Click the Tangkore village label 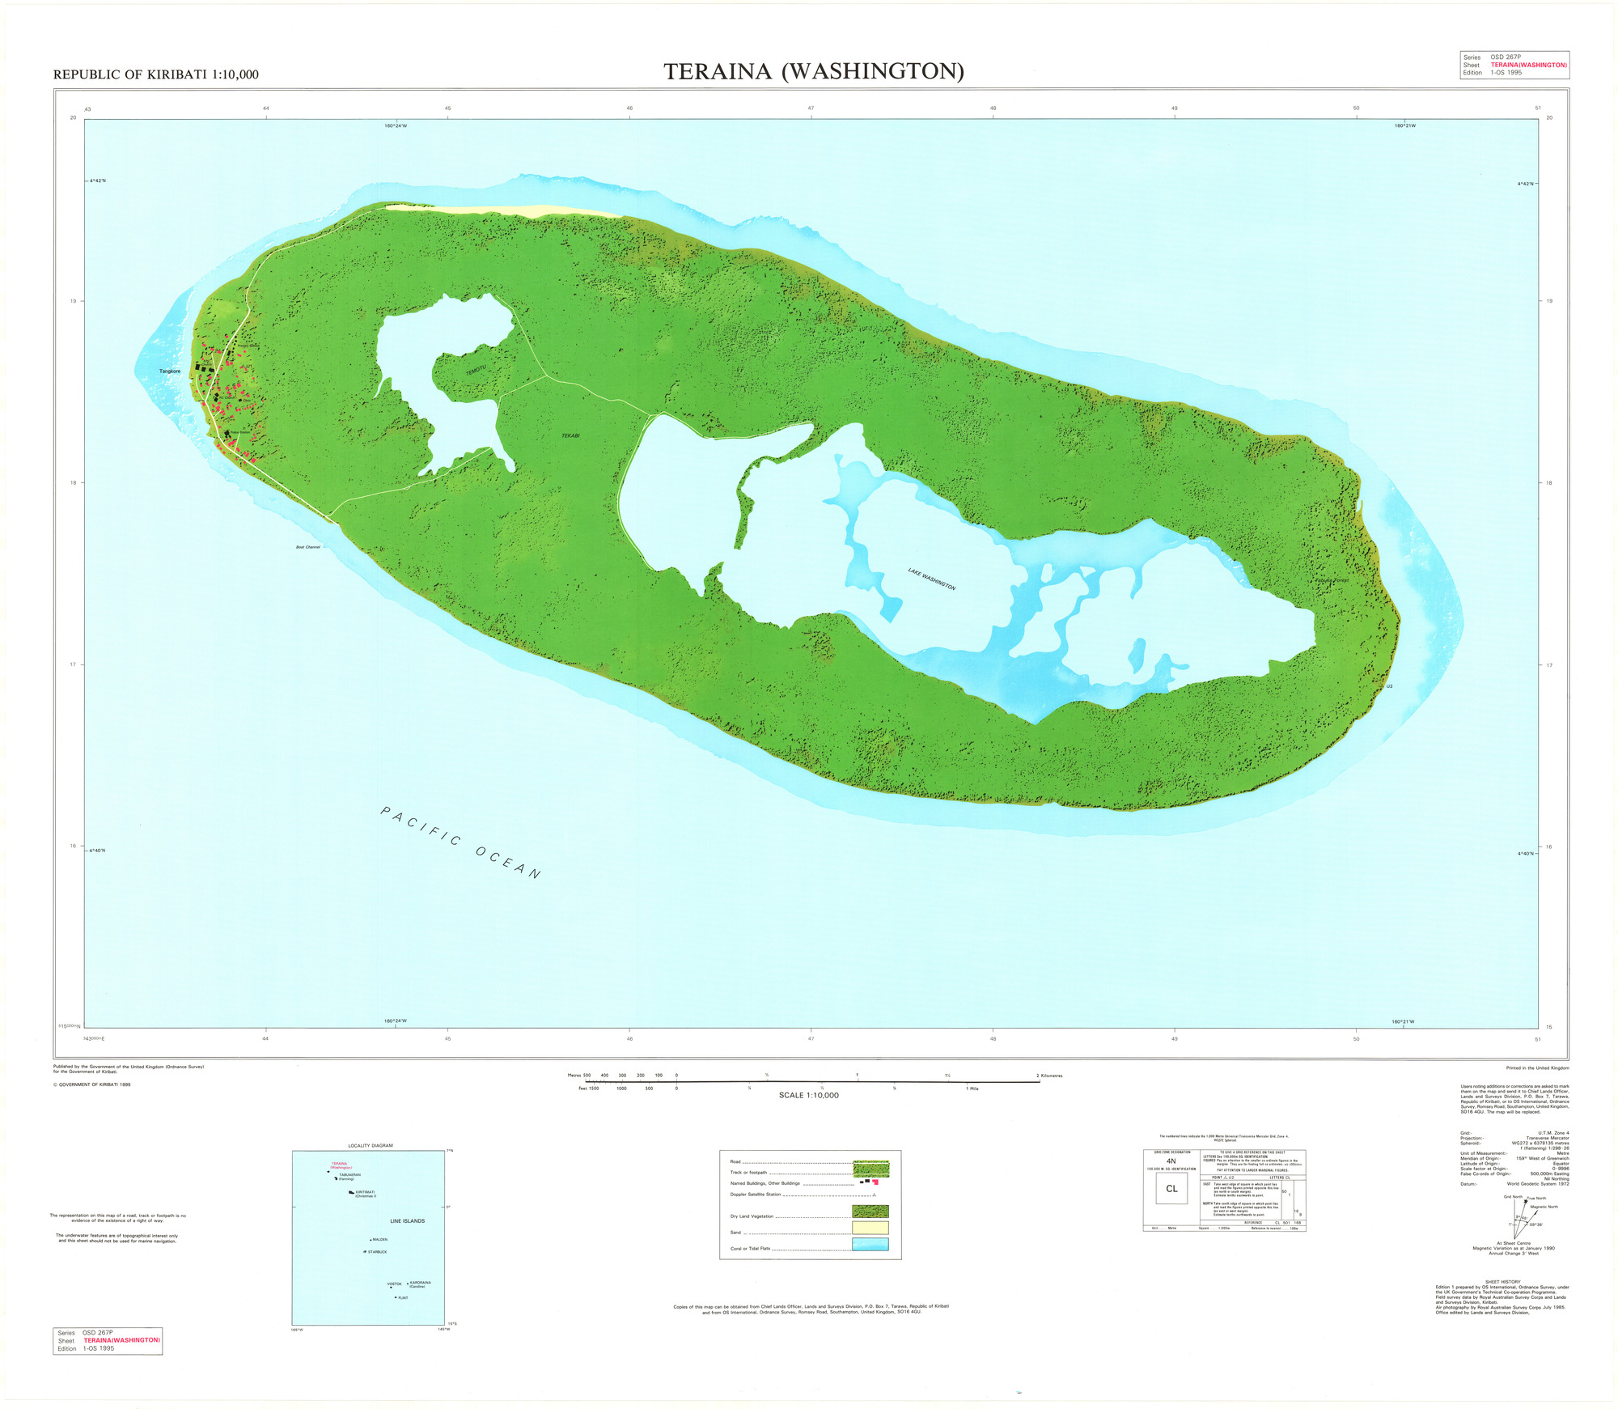pyautogui.click(x=170, y=371)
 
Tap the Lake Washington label pyautogui.click(x=932, y=579)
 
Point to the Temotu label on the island pyautogui.click(x=476, y=370)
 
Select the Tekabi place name pyautogui.click(x=570, y=436)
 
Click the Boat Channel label pyautogui.click(x=308, y=547)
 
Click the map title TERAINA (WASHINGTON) pyautogui.click(x=814, y=72)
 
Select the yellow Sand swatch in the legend pyautogui.click(x=870, y=1228)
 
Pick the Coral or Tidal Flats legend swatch pyautogui.click(x=870, y=1244)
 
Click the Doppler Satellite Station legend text pyautogui.click(x=756, y=1195)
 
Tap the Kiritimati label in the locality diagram pyautogui.click(x=365, y=1192)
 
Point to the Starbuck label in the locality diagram pyautogui.click(x=377, y=1252)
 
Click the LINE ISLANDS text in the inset pyautogui.click(x=407, y=1221)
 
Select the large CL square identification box pyautogui.click(x=1171, y=1189)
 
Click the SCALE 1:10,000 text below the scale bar pyautogui.click(x=808, y=1095)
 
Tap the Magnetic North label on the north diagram pyautogui.click(x=1544, y=1207)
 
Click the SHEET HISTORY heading pyautogui.click(x=1502, y=1282)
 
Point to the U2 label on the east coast pyautogui.click(x=1390, y=686)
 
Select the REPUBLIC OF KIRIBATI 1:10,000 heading pyautogui.click(x=156, y=74)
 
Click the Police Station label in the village pyautogui.click(x=240, y=433)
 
